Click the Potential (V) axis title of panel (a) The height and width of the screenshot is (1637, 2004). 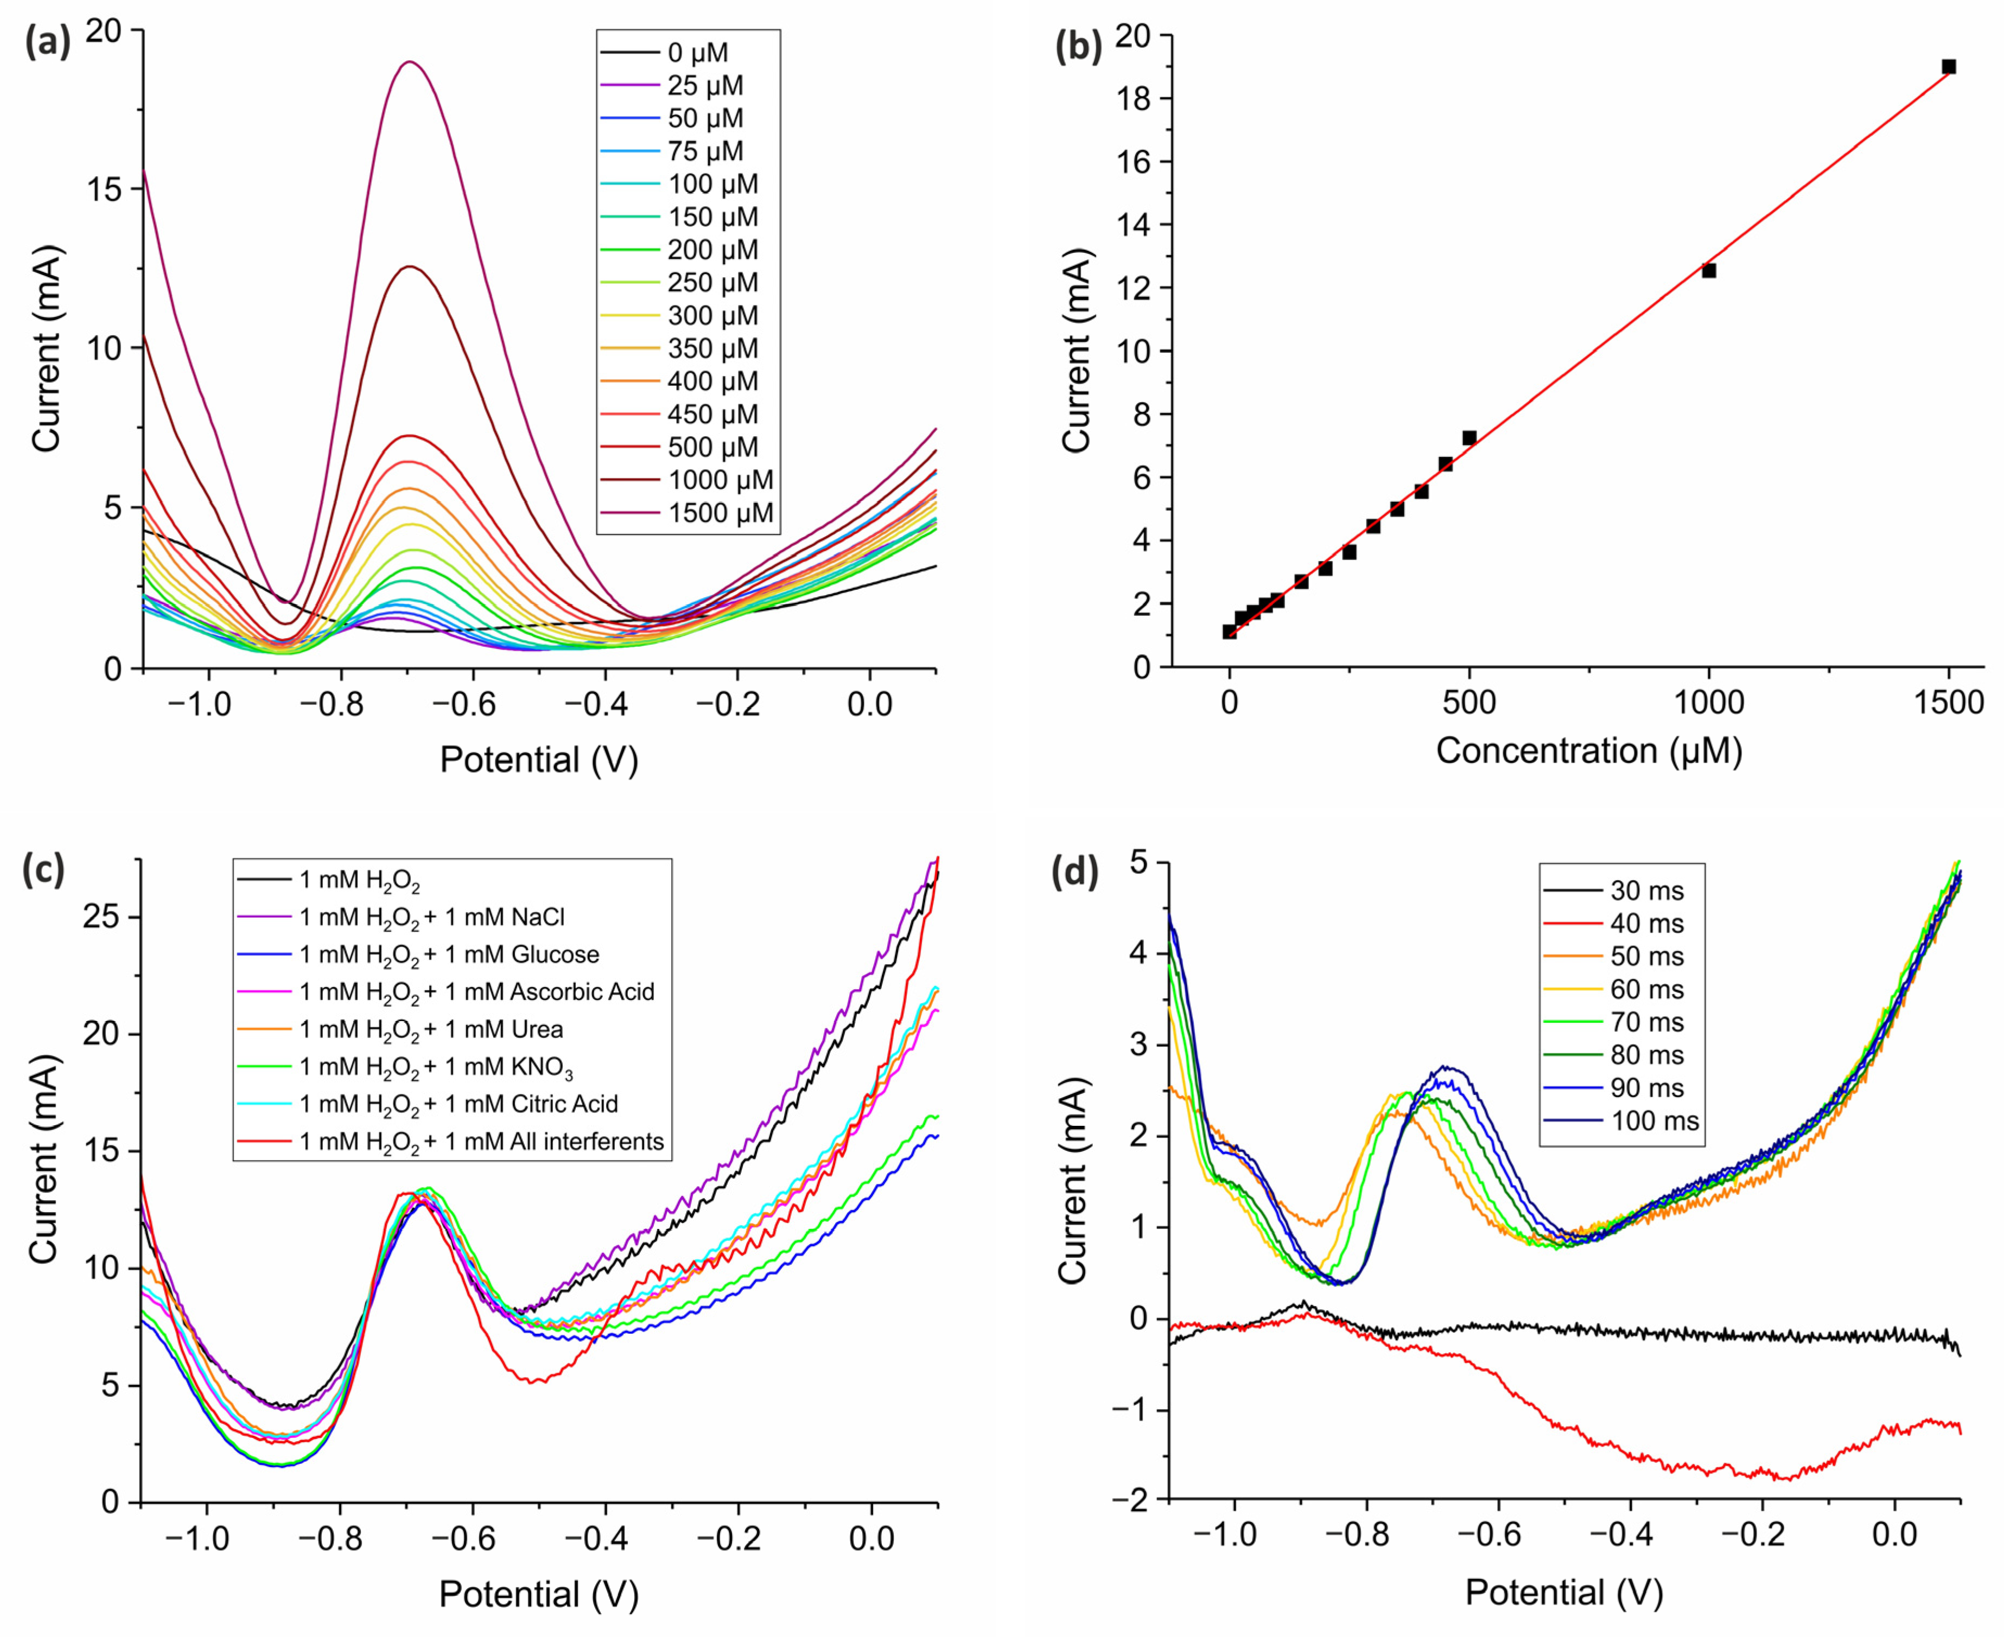538,759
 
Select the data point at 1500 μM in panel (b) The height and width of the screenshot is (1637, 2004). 1948,67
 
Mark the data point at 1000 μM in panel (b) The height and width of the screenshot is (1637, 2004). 1709,271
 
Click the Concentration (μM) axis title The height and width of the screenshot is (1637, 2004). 1588,750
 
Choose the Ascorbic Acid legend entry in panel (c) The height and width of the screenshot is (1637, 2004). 476,992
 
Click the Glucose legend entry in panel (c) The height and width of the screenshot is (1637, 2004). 449,954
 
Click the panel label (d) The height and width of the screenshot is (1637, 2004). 1075,873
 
